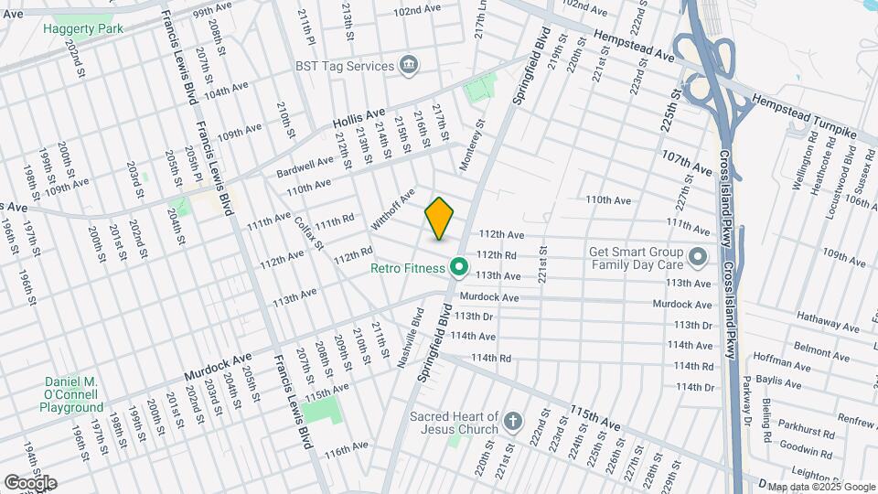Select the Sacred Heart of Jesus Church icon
pyautogui.click(x=514, y=423)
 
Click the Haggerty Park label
pyautogui.click(x=83, y=28)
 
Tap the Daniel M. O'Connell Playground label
pyautogui.click(x=72, y=394)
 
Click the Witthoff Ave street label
pyautogui.click(x=393, y=209)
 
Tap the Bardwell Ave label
pyautogui.click(x=305, y=167)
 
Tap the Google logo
pyautogui.click(x=30, y=483)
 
